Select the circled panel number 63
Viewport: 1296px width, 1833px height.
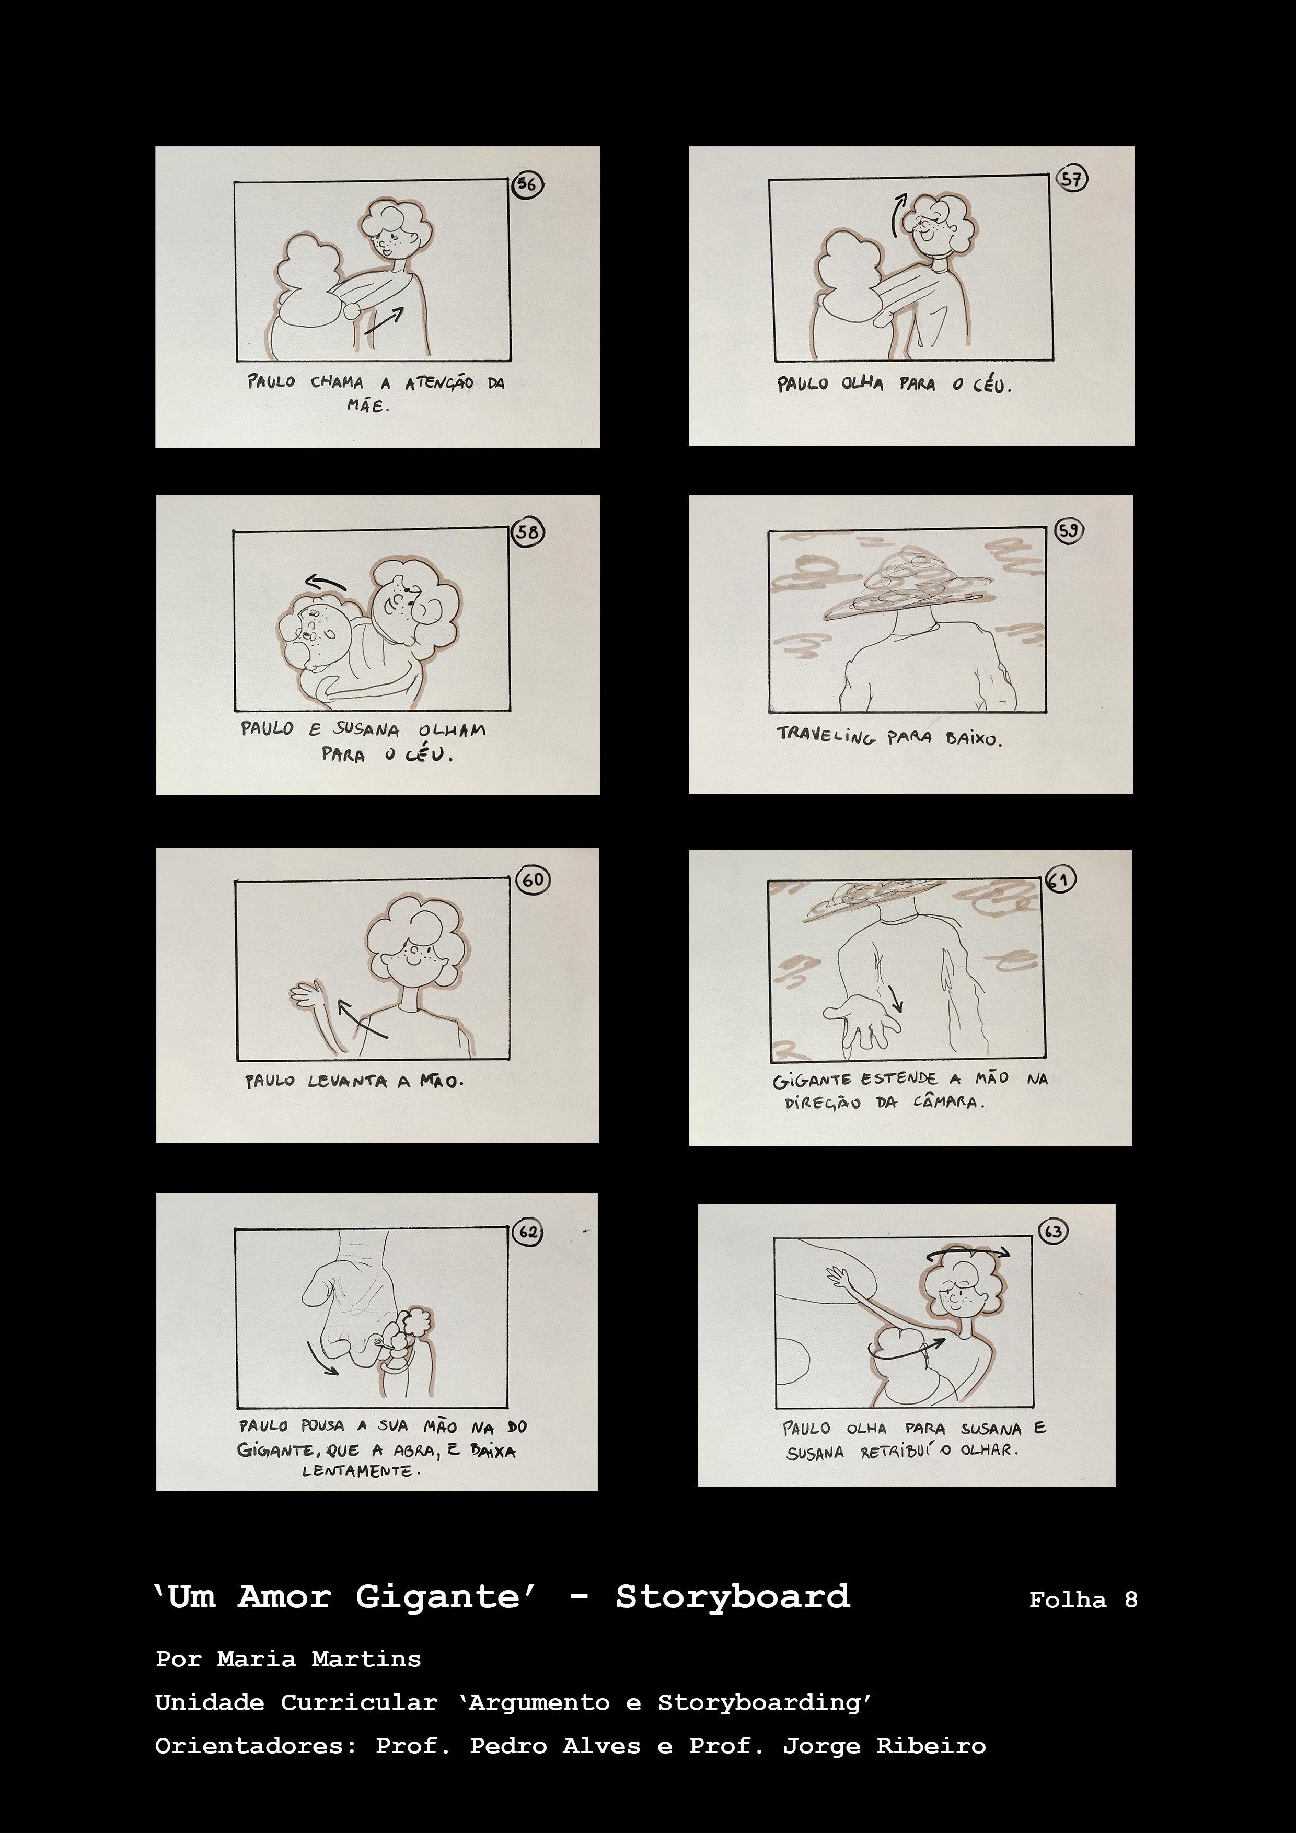coord(1053,1231)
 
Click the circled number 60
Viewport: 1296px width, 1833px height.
coord(533,880)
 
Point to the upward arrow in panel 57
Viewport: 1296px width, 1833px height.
coord(898,214)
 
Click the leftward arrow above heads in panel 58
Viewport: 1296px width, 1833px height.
coord(326,582)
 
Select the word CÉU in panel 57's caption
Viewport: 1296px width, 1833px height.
coord(992,385)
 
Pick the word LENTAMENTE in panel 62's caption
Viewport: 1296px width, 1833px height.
coord(360,1470)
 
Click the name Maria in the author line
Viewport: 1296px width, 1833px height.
coord(256,1659)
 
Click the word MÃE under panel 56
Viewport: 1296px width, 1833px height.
coord(368,405)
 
